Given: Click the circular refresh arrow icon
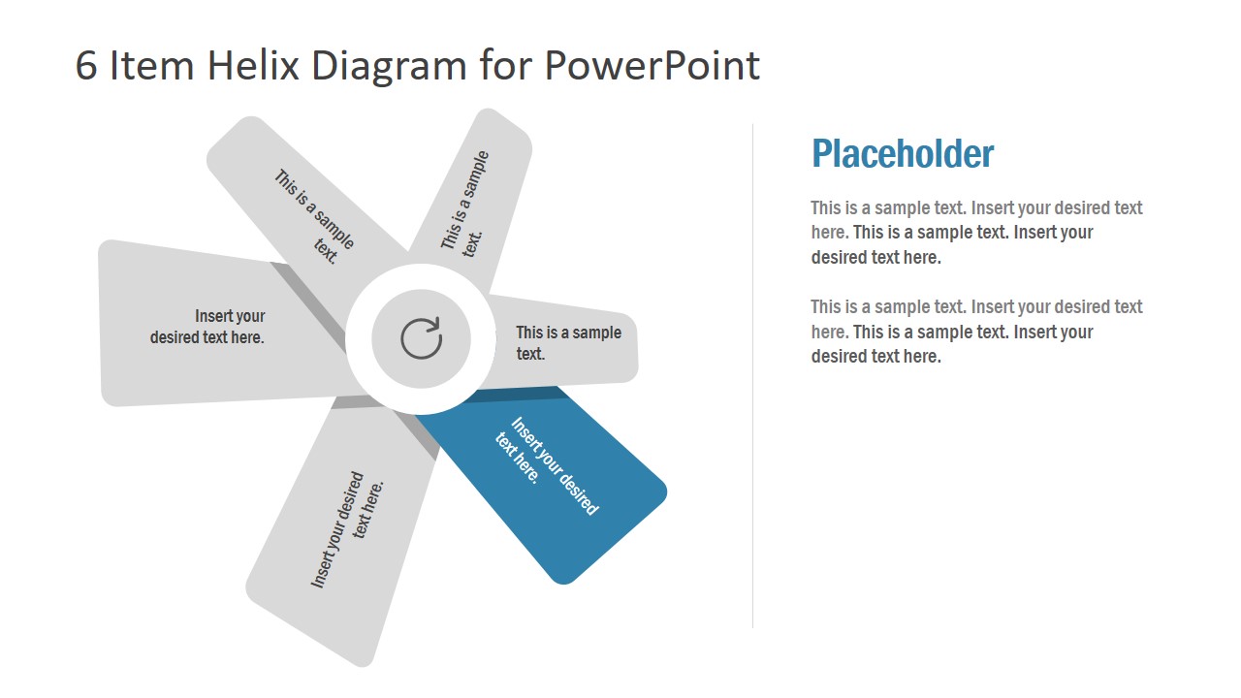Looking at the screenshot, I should click(421, 338).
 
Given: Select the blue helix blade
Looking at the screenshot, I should click(582, 504).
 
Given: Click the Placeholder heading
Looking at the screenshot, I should click(902, 154).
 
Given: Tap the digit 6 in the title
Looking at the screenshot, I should click(86, 65).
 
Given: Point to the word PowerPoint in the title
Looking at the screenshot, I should click(651, 65).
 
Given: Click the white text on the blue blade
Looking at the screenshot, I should click(547, 463).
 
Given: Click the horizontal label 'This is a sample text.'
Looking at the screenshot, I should click(568, 342).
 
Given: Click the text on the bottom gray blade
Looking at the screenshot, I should click(348, 528).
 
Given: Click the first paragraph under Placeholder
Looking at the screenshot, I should click(976, 233).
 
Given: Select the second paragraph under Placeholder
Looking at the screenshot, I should click(976, 332).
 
